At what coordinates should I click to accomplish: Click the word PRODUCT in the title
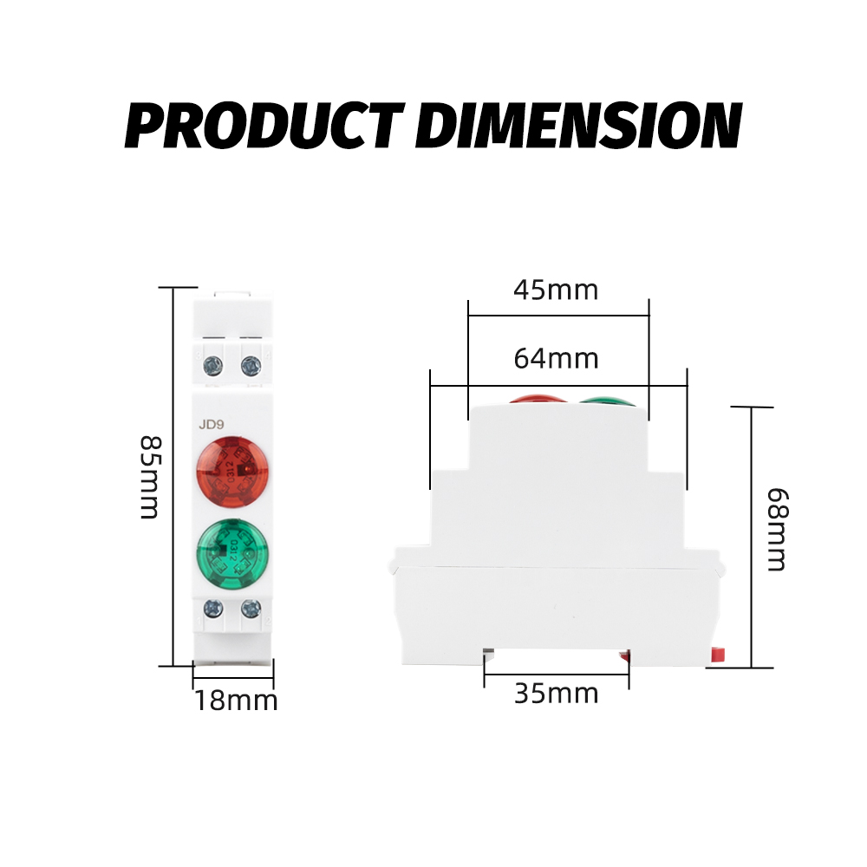[265, 125]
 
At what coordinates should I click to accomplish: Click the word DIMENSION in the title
[578, 125]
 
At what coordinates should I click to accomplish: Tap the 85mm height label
[150, 477]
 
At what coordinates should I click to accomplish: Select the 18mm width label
[236, 701]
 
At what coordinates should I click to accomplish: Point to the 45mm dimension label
[556, 290]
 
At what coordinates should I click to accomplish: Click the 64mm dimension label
[556, 358]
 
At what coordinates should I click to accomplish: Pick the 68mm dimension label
[778, 529]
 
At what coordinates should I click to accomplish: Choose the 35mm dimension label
[557, 694]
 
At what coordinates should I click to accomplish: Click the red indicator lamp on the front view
[232, 472]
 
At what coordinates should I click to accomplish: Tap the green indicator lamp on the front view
[232, 553]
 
